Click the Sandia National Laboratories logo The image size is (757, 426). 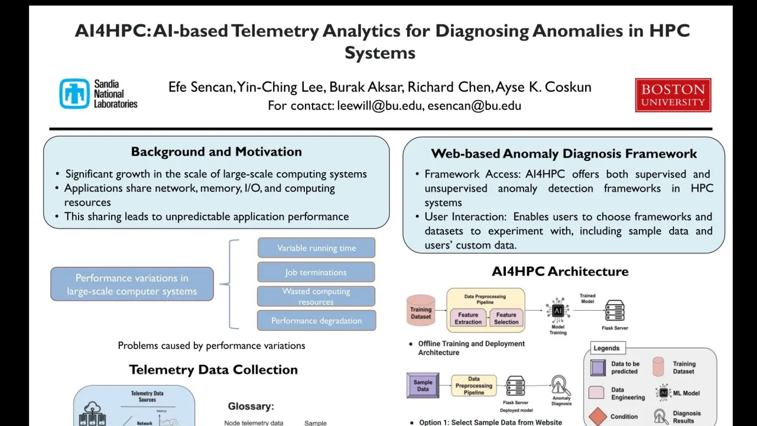point(98,94)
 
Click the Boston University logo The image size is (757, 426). point(672,95)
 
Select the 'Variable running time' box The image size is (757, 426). point(316,248)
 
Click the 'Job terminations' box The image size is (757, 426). point(316,272)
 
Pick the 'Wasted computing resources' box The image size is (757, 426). point(316,296)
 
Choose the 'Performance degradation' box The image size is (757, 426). point(316,321)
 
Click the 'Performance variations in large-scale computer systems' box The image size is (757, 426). point(132,284)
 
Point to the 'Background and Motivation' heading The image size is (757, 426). point(216,151)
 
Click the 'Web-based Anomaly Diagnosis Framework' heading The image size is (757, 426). point(564,154)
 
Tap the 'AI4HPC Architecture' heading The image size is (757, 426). point(560,272)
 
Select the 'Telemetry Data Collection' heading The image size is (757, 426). point(213,370)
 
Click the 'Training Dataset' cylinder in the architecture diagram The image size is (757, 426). point(421,311)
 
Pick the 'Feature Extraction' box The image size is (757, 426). point(468,318)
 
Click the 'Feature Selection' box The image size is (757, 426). point(506,318)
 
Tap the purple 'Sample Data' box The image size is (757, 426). point(423,385)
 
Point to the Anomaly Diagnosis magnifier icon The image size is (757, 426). point(561,386)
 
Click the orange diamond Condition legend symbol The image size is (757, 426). point(598,416)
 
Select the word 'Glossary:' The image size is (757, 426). point(251,406)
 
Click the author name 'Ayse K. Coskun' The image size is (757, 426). point(543,88)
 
